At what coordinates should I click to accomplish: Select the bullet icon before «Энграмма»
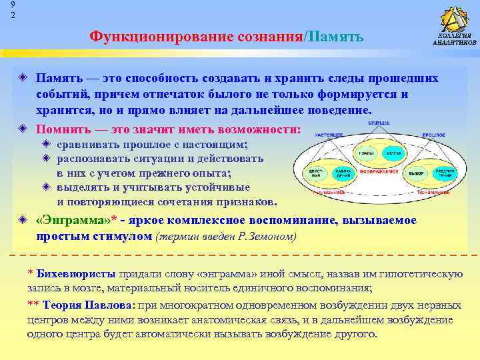[x=23, y=221]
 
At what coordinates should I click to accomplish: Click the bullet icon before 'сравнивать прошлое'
[x=46, y=145]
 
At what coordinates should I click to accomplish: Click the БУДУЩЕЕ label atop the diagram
[x=379, y=123]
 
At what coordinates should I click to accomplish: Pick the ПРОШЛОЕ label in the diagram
[x=431, y=135]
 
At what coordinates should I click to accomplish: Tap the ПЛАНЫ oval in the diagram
[x=365, y=153]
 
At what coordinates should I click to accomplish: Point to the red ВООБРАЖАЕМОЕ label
[x=379, y=172]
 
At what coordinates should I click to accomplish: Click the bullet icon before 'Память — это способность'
[x=23, y=79]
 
